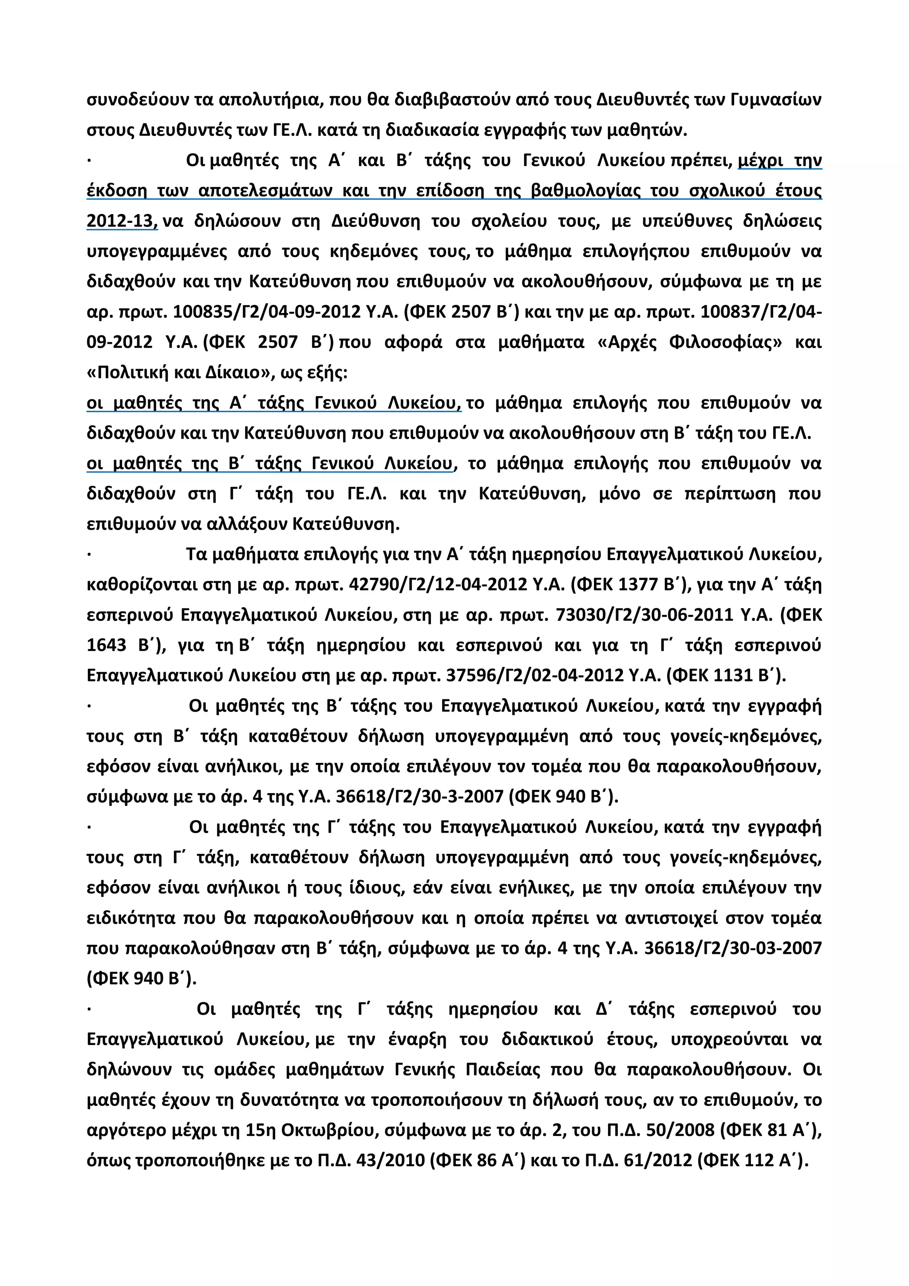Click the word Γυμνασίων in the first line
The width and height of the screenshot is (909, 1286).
click(x=776, y=100)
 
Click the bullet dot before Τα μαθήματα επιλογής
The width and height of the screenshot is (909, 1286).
click(x=90, y=555)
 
